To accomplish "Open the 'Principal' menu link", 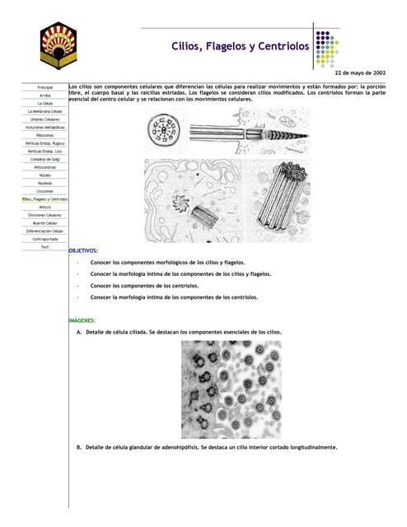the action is [x=45, y=86].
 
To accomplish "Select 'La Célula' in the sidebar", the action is [x=45, y=103].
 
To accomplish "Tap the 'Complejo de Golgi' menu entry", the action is [x=45, y=159].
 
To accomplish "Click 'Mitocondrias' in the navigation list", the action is [x=45, y=167].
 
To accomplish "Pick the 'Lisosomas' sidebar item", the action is [x=45, y=191].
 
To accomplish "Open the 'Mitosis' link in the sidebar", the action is [x=45, y=207].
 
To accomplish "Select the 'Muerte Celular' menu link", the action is [x=45, y=223].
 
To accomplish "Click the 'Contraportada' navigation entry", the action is [x=45, y=239].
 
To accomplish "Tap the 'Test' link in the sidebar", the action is [x=45, y=247].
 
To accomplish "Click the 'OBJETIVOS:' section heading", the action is [x=83, y=250].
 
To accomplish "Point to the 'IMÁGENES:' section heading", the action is [x=82, y=319].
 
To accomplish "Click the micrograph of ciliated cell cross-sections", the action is [x=231, y=389].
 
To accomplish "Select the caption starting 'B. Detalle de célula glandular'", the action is [x=206, y=447].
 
